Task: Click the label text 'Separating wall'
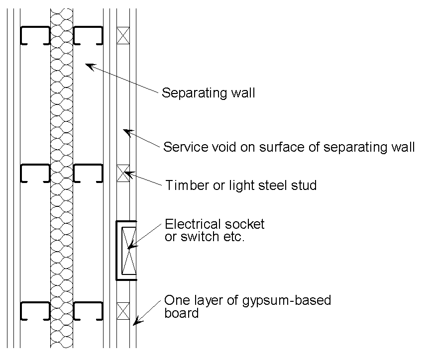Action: click(208, 93)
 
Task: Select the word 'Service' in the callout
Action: click(182, 147)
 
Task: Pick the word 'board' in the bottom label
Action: click(181, 313)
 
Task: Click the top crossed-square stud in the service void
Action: click(122, 35)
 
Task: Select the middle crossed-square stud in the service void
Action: click(122, 174)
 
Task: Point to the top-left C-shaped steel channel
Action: click(35, 36)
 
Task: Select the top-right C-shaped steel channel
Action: click(88, 36)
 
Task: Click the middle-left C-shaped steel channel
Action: click(35, 174)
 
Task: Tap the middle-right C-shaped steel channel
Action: click(88, 174)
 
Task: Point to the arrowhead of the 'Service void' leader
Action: click(126, 132)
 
